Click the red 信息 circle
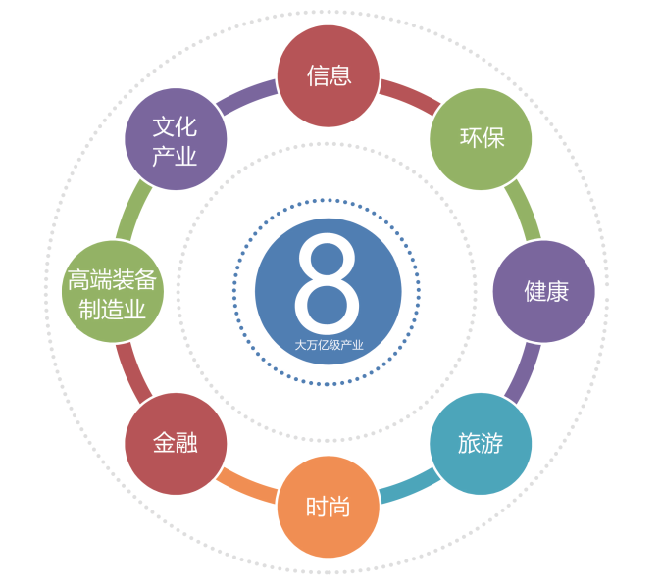pyautogui.click(x=328, y=75)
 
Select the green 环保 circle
pyautogui.click(x=481, y=139)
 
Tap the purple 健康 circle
pyautogui.click(x=544, y=292)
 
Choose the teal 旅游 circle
pyautogui.click(x=481, y=444)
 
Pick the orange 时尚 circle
pyautogui.click(x=328, y=507)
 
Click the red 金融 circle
pyautogui.click(x=176, y=444)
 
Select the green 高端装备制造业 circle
pyautogui.click(x=113, y=292)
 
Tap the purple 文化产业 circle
pyautogui.click(x=176, y=139)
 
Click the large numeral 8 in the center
pyautogui.click(x=328, y=283)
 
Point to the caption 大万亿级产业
pyautogui.click(x=329, y=346)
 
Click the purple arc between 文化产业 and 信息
pyautogui.click(x=246, y=96)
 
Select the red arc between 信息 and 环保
pyautogui.click(x=410, y=96)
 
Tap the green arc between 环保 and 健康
pyautogui.click(x=524, y=210)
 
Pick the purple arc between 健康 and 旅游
pyautogui.click(x=524, y=373)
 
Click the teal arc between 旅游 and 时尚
pyautogui.click(x=410, y=487)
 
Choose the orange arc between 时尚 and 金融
pyautogui.click(x=246, y=487)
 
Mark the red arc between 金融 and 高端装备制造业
pyautogui.click(x=133, y=373)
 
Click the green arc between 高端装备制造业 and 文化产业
pyautogui.click(x=133, y=210)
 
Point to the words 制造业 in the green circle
pyautogui.click(x=112, y=310)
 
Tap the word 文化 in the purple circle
pyautogui.click(x=175, y=126)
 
